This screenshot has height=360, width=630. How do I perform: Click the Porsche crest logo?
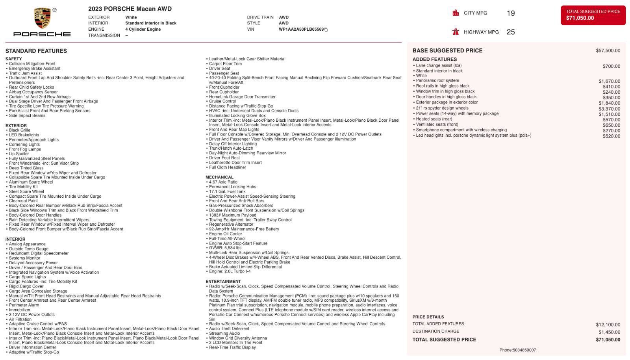(x=42, y=18)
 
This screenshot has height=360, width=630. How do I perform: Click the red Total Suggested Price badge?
(x=593, y=15)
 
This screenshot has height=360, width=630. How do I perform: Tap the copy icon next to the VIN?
(x=326, y=30)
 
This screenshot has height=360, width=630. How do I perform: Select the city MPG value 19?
(x=511, y=13)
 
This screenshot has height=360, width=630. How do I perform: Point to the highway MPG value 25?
(x=511, y=32)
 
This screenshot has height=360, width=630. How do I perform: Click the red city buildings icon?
(x=456, y=13)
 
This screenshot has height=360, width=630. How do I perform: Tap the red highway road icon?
(x=456, y=32)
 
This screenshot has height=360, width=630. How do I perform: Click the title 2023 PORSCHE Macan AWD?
(x=130, y=9)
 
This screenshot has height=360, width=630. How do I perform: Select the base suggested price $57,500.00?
(x=608, y=51)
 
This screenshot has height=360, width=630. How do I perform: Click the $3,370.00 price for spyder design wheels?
(x=609, y=109)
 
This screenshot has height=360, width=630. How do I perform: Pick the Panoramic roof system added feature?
(x=437, y=81)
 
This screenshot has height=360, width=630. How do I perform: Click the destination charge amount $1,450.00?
(x=609, y=332)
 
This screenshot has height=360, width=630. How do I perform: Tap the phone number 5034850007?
(x=524, y=350)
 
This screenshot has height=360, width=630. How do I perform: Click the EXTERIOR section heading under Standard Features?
(x=16, y=126)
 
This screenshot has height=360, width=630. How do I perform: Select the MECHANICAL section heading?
(x=219, y=177)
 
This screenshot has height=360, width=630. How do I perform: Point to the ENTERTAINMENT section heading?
(x=223, y=282)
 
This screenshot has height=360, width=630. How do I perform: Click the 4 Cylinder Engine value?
(x=143, y=30)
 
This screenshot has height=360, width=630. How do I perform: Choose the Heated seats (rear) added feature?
(x=434, y=119)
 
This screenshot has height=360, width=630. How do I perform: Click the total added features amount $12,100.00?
(x=608, y=325)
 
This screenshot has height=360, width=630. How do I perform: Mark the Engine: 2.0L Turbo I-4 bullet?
(x=230, y=271)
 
